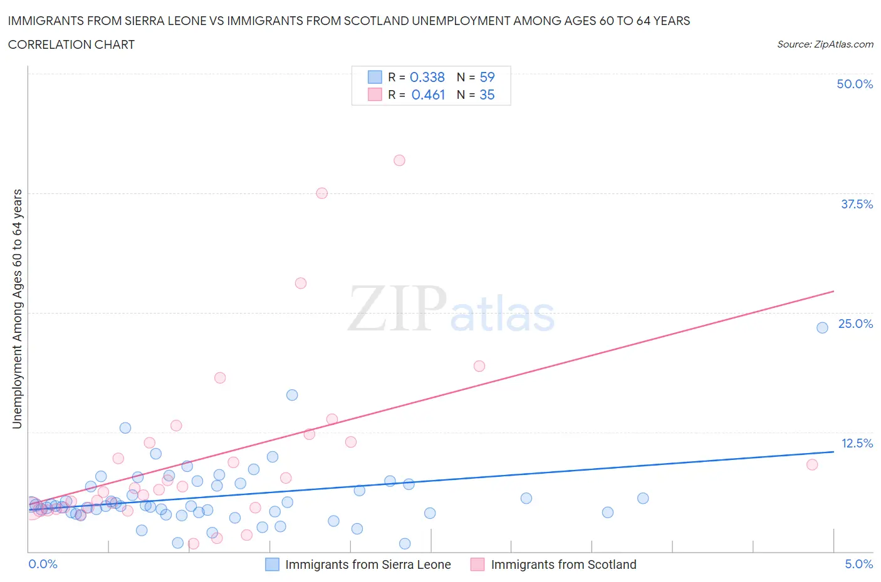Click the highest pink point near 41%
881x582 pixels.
coord(399,160)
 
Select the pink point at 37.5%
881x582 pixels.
coord(321,193)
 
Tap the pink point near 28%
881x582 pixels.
coord(301,283)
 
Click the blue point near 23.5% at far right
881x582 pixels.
coord(822,327)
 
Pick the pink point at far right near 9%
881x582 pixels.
coord(812,464)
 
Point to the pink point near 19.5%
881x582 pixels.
coord(479,366)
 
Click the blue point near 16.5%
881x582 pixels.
coord(292,395)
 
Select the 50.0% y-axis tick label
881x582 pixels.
coord(855,84)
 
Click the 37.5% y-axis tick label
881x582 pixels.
coord(857,204)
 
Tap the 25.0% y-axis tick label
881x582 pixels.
coord(855,324)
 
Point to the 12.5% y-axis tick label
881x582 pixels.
coord(857,443)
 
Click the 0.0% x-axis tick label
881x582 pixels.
coord(43,564)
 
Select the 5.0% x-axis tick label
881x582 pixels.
coord(858,564)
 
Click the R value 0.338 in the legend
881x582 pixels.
coord(427,77)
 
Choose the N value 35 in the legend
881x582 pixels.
coord(487,94)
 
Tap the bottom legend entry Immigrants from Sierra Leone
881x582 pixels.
coord(368,564)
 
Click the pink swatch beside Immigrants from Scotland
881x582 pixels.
coord(477,564)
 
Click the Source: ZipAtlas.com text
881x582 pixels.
coord(825,44)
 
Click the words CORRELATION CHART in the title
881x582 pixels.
coord(71,44)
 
